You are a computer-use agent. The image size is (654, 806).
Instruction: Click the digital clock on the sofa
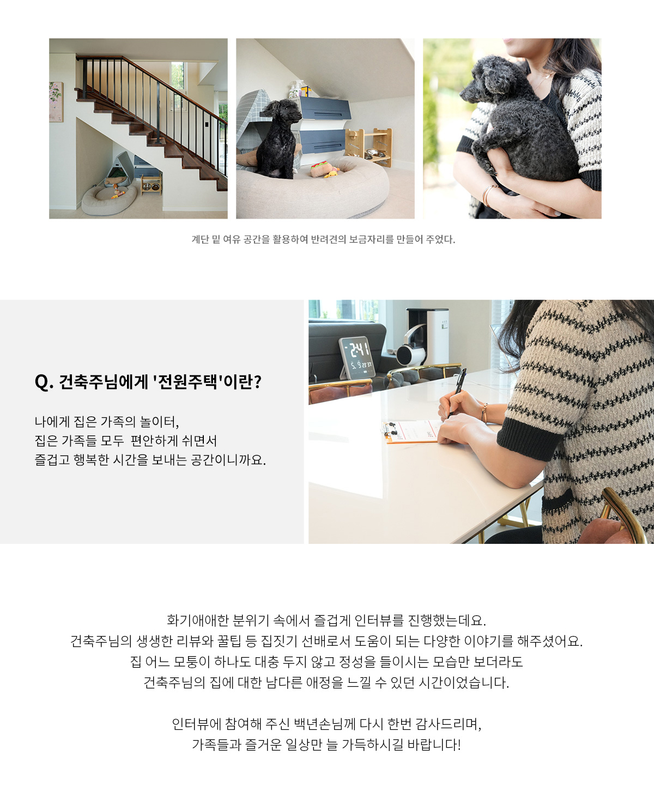pyautogui.click(x=356, y=357)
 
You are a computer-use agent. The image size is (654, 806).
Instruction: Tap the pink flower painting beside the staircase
pyautogui.click(x=56, y=102)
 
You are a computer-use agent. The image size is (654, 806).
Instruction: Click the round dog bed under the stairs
pyautogui.click(x=110, y=199)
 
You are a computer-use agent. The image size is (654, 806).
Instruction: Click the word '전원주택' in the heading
pyautogui.click(x=187, y=381)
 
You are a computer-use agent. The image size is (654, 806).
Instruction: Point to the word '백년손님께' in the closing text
pyautogui.click(x=324, y=724)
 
